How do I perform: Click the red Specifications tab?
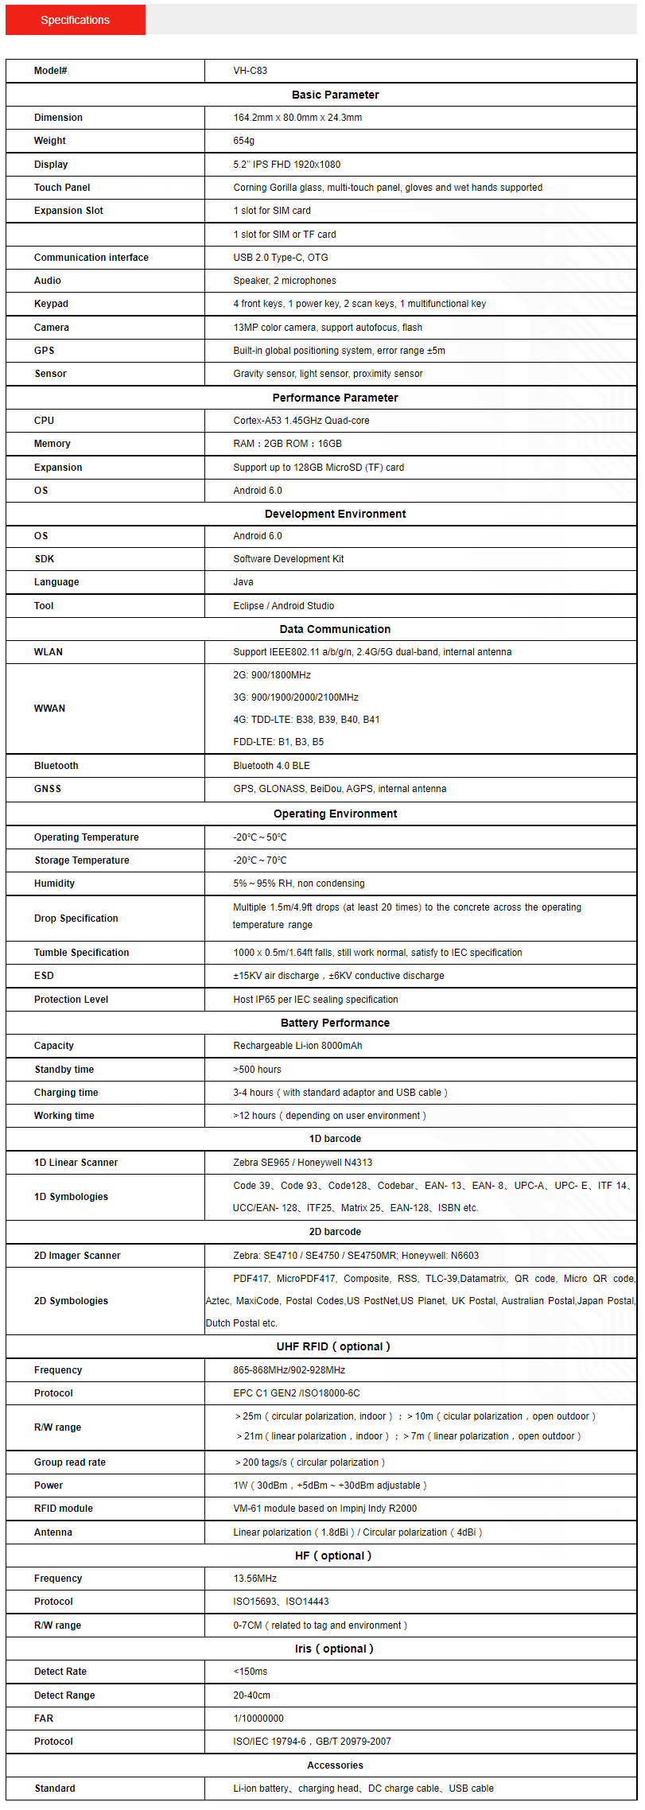click(76, 20)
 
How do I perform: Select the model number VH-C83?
click(250, 71)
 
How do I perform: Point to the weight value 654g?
click(243, 141)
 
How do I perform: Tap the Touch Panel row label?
click(62, 188)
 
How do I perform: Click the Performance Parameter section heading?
click(335, 398)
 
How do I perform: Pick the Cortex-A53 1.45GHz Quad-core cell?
click(301, 421)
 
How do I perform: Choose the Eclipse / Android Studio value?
click(283, 606)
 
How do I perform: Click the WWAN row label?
click(49, 709)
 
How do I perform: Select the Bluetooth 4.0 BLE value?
click(271, 766)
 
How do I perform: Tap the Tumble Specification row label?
click(81, 953)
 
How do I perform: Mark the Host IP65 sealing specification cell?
click(315, 1000)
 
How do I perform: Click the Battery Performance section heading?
click(335, 1023)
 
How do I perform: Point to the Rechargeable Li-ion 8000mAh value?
click(297, 1046)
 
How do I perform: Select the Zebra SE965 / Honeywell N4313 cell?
click(302, 1163)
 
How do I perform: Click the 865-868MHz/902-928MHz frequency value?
click(289, 1370)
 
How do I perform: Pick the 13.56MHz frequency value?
click(255, 1579)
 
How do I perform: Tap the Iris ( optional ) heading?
click(334, 1649)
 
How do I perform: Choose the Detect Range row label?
click(64, 1695)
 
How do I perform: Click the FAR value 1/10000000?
click(258, 1719)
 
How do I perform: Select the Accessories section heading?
click(335, 1765)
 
